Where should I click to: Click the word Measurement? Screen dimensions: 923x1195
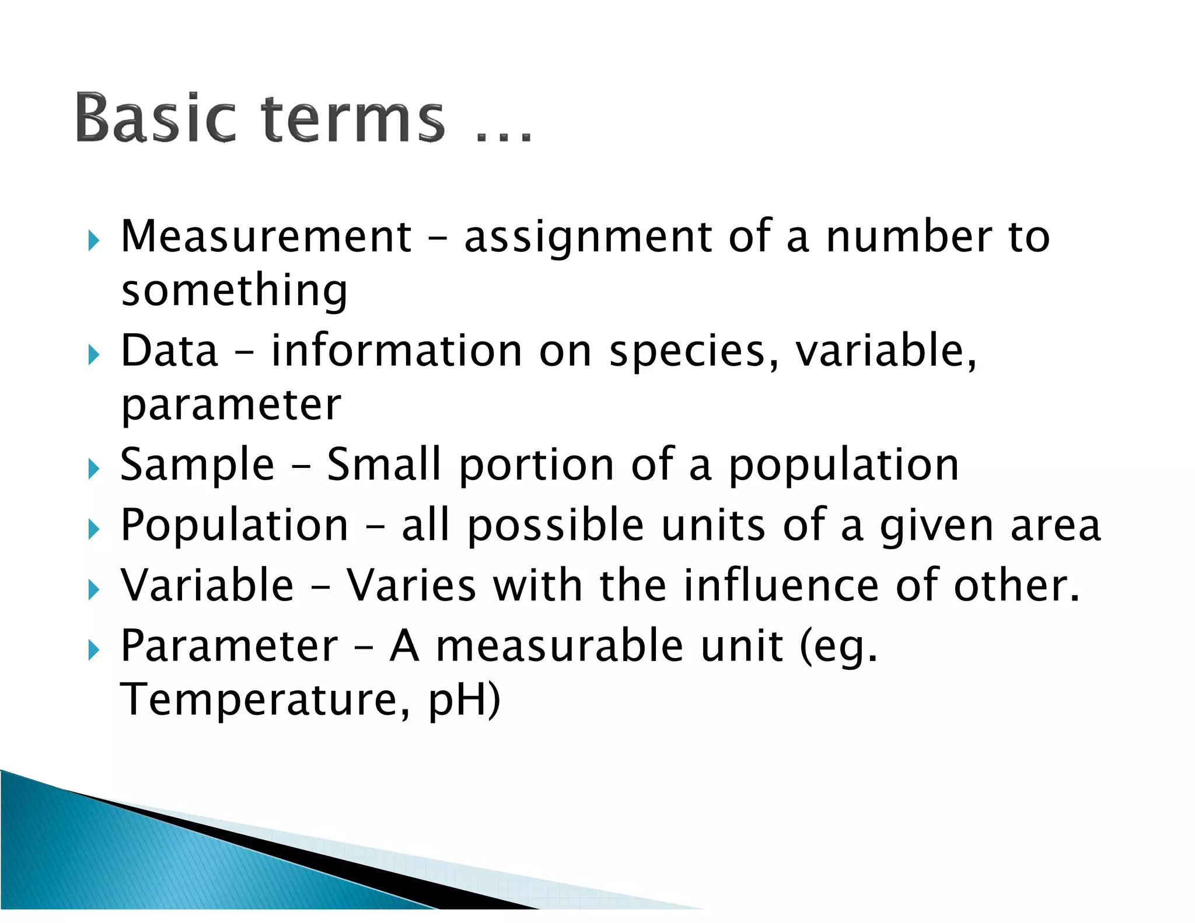pos(266,236)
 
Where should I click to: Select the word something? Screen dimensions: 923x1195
pos(234,291)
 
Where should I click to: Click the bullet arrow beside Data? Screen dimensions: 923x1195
pos(93,354)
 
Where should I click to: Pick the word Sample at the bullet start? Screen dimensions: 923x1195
pos(197,465)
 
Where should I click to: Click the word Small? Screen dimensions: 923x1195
pos(383,465)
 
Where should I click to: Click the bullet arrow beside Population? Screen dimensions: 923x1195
pos(93,529)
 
